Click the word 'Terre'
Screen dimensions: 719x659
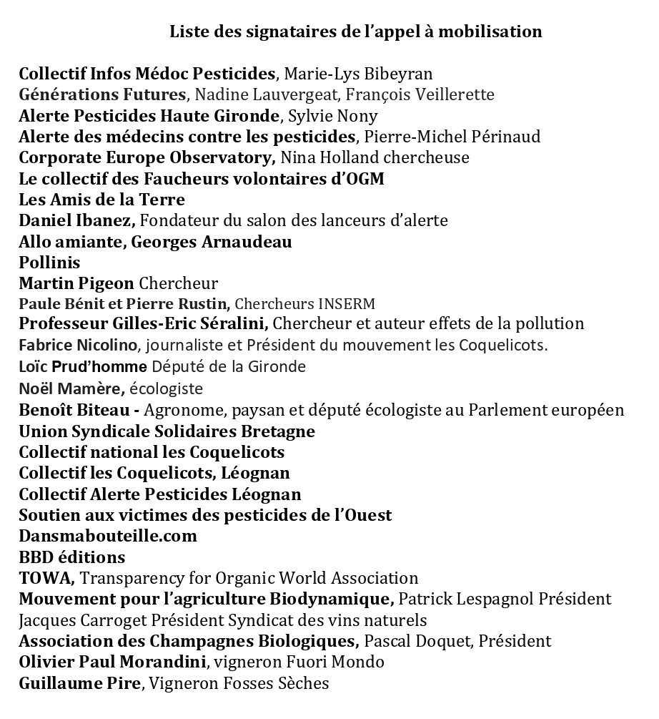164,200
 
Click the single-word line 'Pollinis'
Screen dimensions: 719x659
49,263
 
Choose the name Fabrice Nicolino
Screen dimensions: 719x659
78,346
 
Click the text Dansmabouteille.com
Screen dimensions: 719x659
108,536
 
